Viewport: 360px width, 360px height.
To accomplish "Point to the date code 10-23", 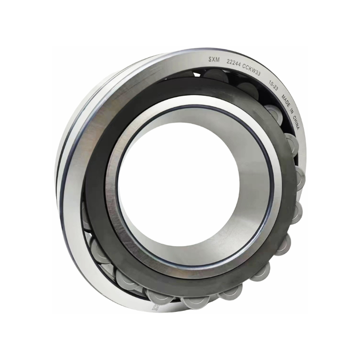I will (273, 85).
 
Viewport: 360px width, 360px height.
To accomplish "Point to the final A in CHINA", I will (297, 129).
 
